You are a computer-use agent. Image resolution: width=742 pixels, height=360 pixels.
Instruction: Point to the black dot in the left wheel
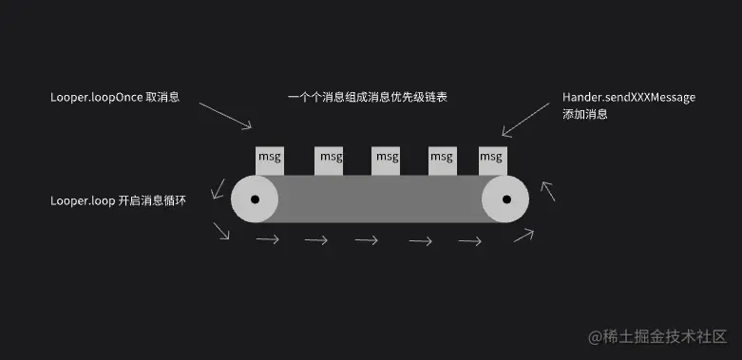click(255, 199)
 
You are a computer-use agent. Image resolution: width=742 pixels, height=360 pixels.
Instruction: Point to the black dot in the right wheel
click(507, 199)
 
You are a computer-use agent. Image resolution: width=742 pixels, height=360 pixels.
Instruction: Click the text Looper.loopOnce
click(95, 98)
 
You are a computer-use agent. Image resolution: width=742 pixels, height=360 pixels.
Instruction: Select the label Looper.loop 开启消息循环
click(124, 201)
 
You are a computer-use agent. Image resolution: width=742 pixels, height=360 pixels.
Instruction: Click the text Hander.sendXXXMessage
click(629, 98)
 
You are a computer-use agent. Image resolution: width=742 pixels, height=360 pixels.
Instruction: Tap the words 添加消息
click(584, 114)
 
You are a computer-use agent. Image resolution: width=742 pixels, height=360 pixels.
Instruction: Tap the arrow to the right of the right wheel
click(548, 192)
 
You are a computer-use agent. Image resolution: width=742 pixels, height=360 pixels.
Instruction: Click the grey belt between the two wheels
click(380, 199)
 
